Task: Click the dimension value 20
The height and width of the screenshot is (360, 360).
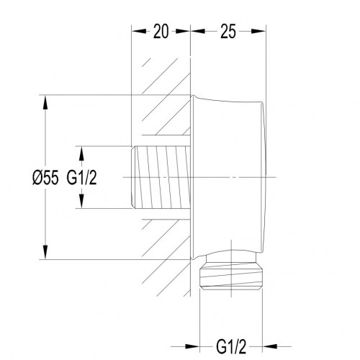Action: [x=161, y=32]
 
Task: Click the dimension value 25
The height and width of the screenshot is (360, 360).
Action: [x=228, y=32]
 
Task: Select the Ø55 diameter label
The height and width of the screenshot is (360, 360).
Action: [x=45, y=178]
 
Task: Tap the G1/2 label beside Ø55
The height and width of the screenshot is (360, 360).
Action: [x=81, y=178]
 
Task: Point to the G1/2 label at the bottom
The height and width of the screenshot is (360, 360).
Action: [x=231, y=346]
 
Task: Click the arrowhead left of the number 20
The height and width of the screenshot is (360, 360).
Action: [x=139, y=31]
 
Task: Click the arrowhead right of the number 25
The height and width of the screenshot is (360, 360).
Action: [x=258, y=31]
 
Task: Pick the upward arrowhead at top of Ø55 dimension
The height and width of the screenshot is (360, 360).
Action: [x=45, y=102]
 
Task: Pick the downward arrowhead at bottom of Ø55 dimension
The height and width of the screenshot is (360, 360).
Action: [x=45, y=252]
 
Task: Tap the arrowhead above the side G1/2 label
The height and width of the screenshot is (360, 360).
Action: [x=81, y=153]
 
